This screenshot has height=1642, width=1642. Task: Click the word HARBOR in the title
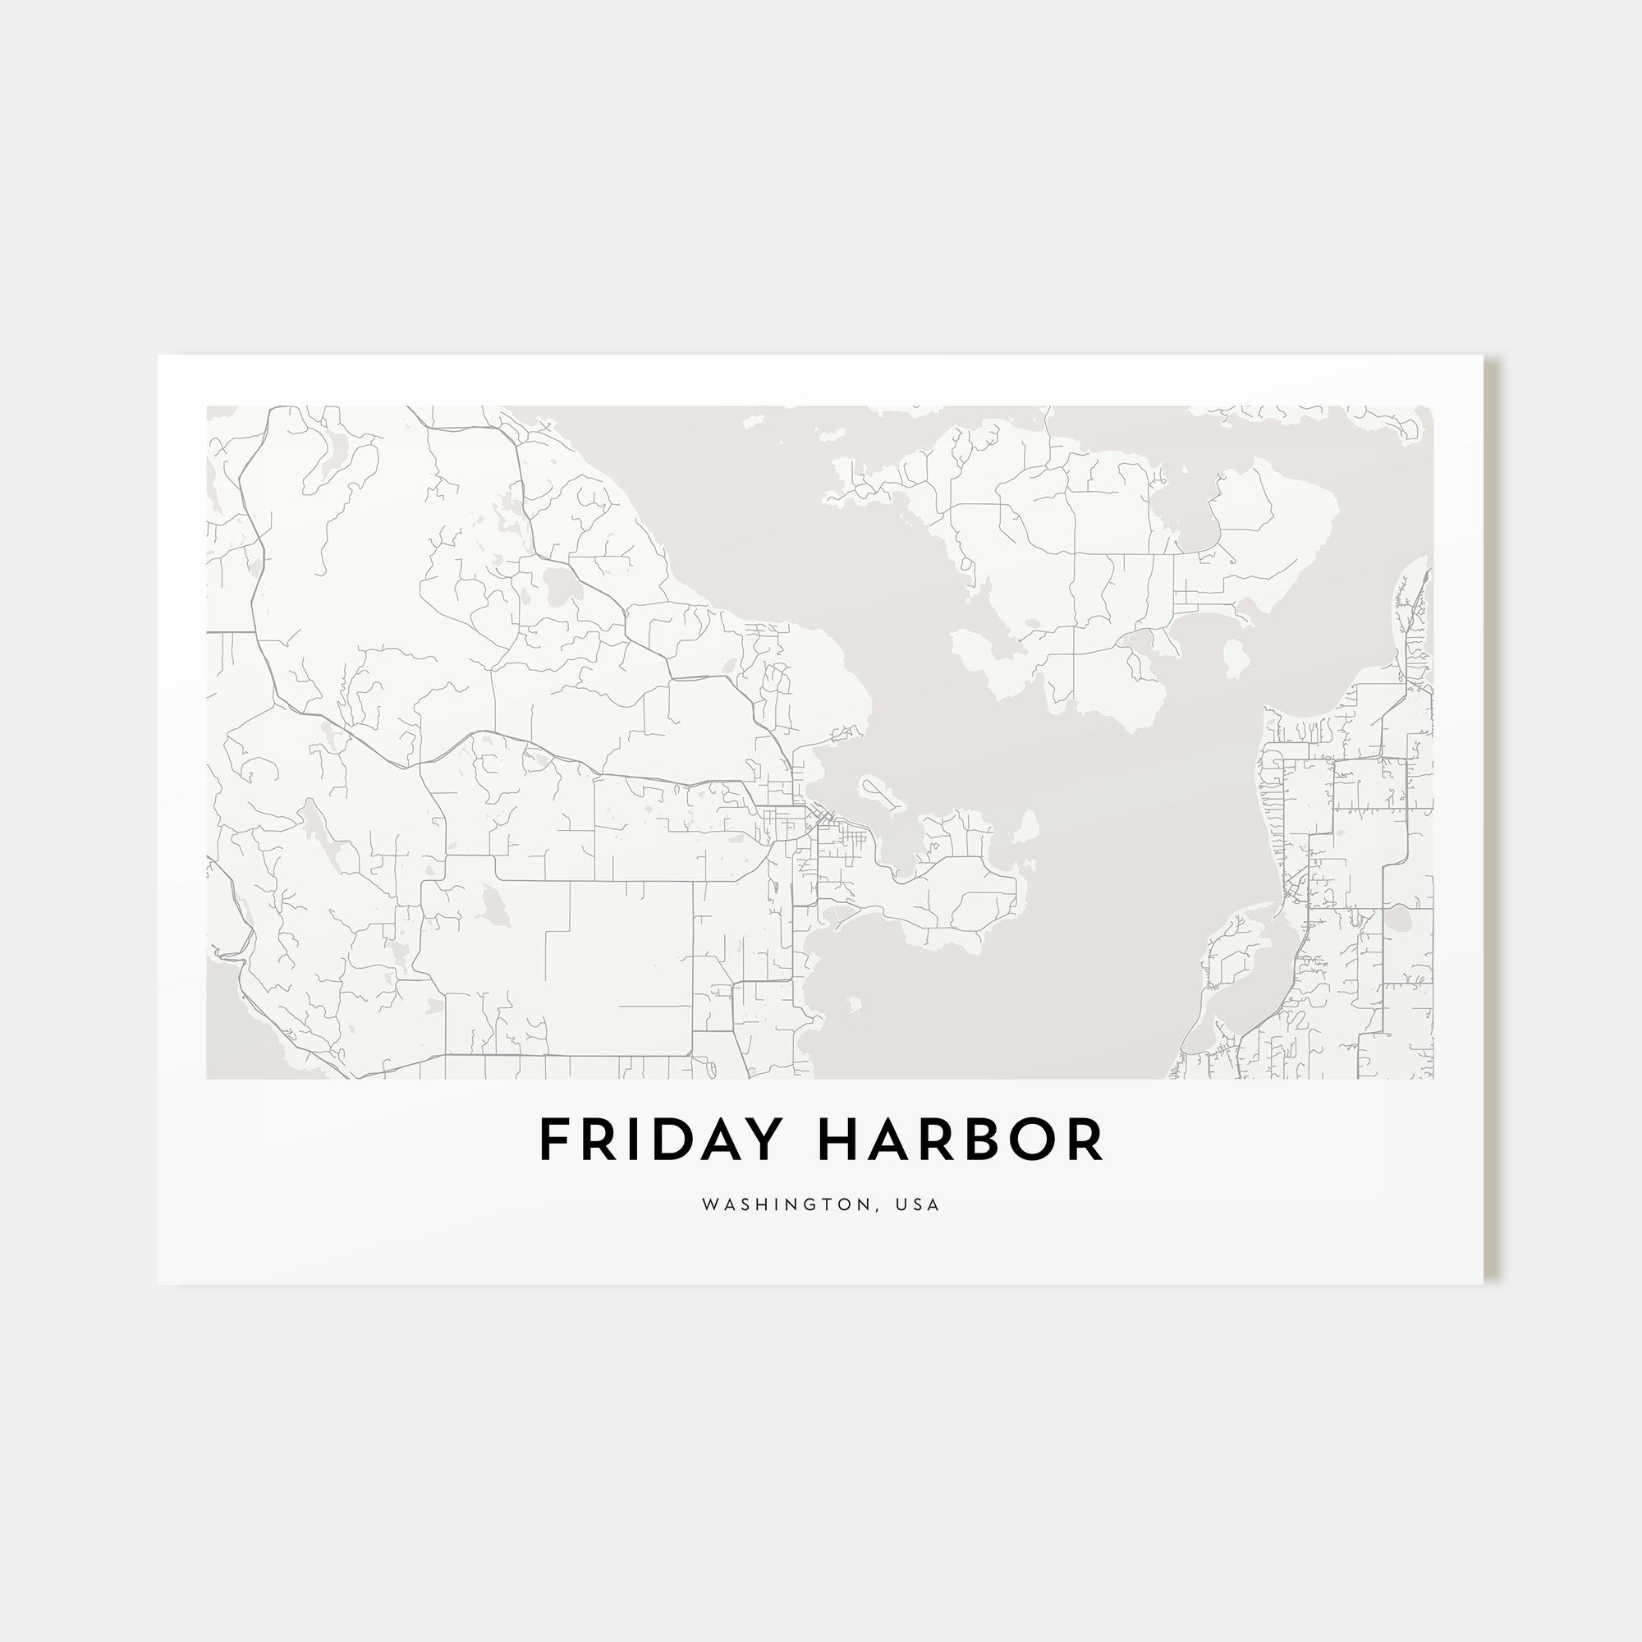(x=961, y=1140)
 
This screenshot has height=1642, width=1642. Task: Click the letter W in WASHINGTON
(x=709, y=1205)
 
